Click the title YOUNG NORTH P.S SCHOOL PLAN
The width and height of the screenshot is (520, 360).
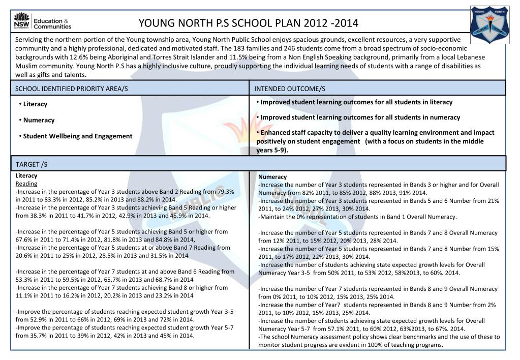click(249, 23)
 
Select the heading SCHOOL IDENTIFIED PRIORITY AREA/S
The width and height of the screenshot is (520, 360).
click(72, 88)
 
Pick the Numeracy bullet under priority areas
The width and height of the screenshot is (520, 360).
click(38, 121)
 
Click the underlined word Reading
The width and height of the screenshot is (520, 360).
click(26, 184)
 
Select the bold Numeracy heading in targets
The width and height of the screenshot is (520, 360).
click(272, 177)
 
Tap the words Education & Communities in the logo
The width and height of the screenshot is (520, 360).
click(52, 23)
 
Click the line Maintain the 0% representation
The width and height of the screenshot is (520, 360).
click(357, 217)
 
